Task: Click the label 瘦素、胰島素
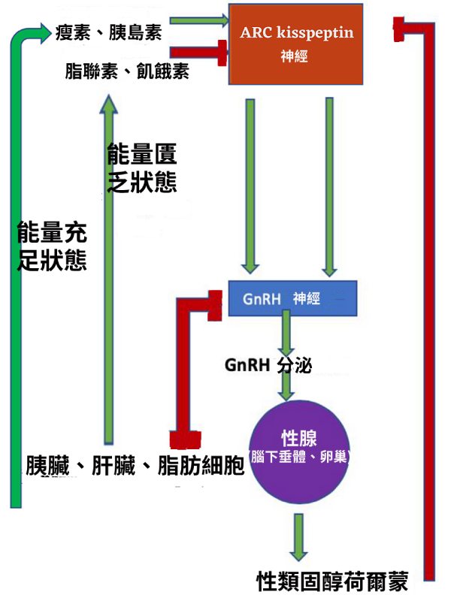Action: [x=108, y=32]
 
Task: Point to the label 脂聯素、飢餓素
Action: [x=127, y=71]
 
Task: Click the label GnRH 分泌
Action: [x=268, y=365]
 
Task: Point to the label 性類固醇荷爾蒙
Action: [x=331, y=581]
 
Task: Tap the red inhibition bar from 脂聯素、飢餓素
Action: [x=198, y=52]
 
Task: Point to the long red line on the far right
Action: [x=430, y=300]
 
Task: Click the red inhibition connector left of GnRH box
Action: [x=181, y=361]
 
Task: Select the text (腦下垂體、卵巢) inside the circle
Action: [x=298, y=457]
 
